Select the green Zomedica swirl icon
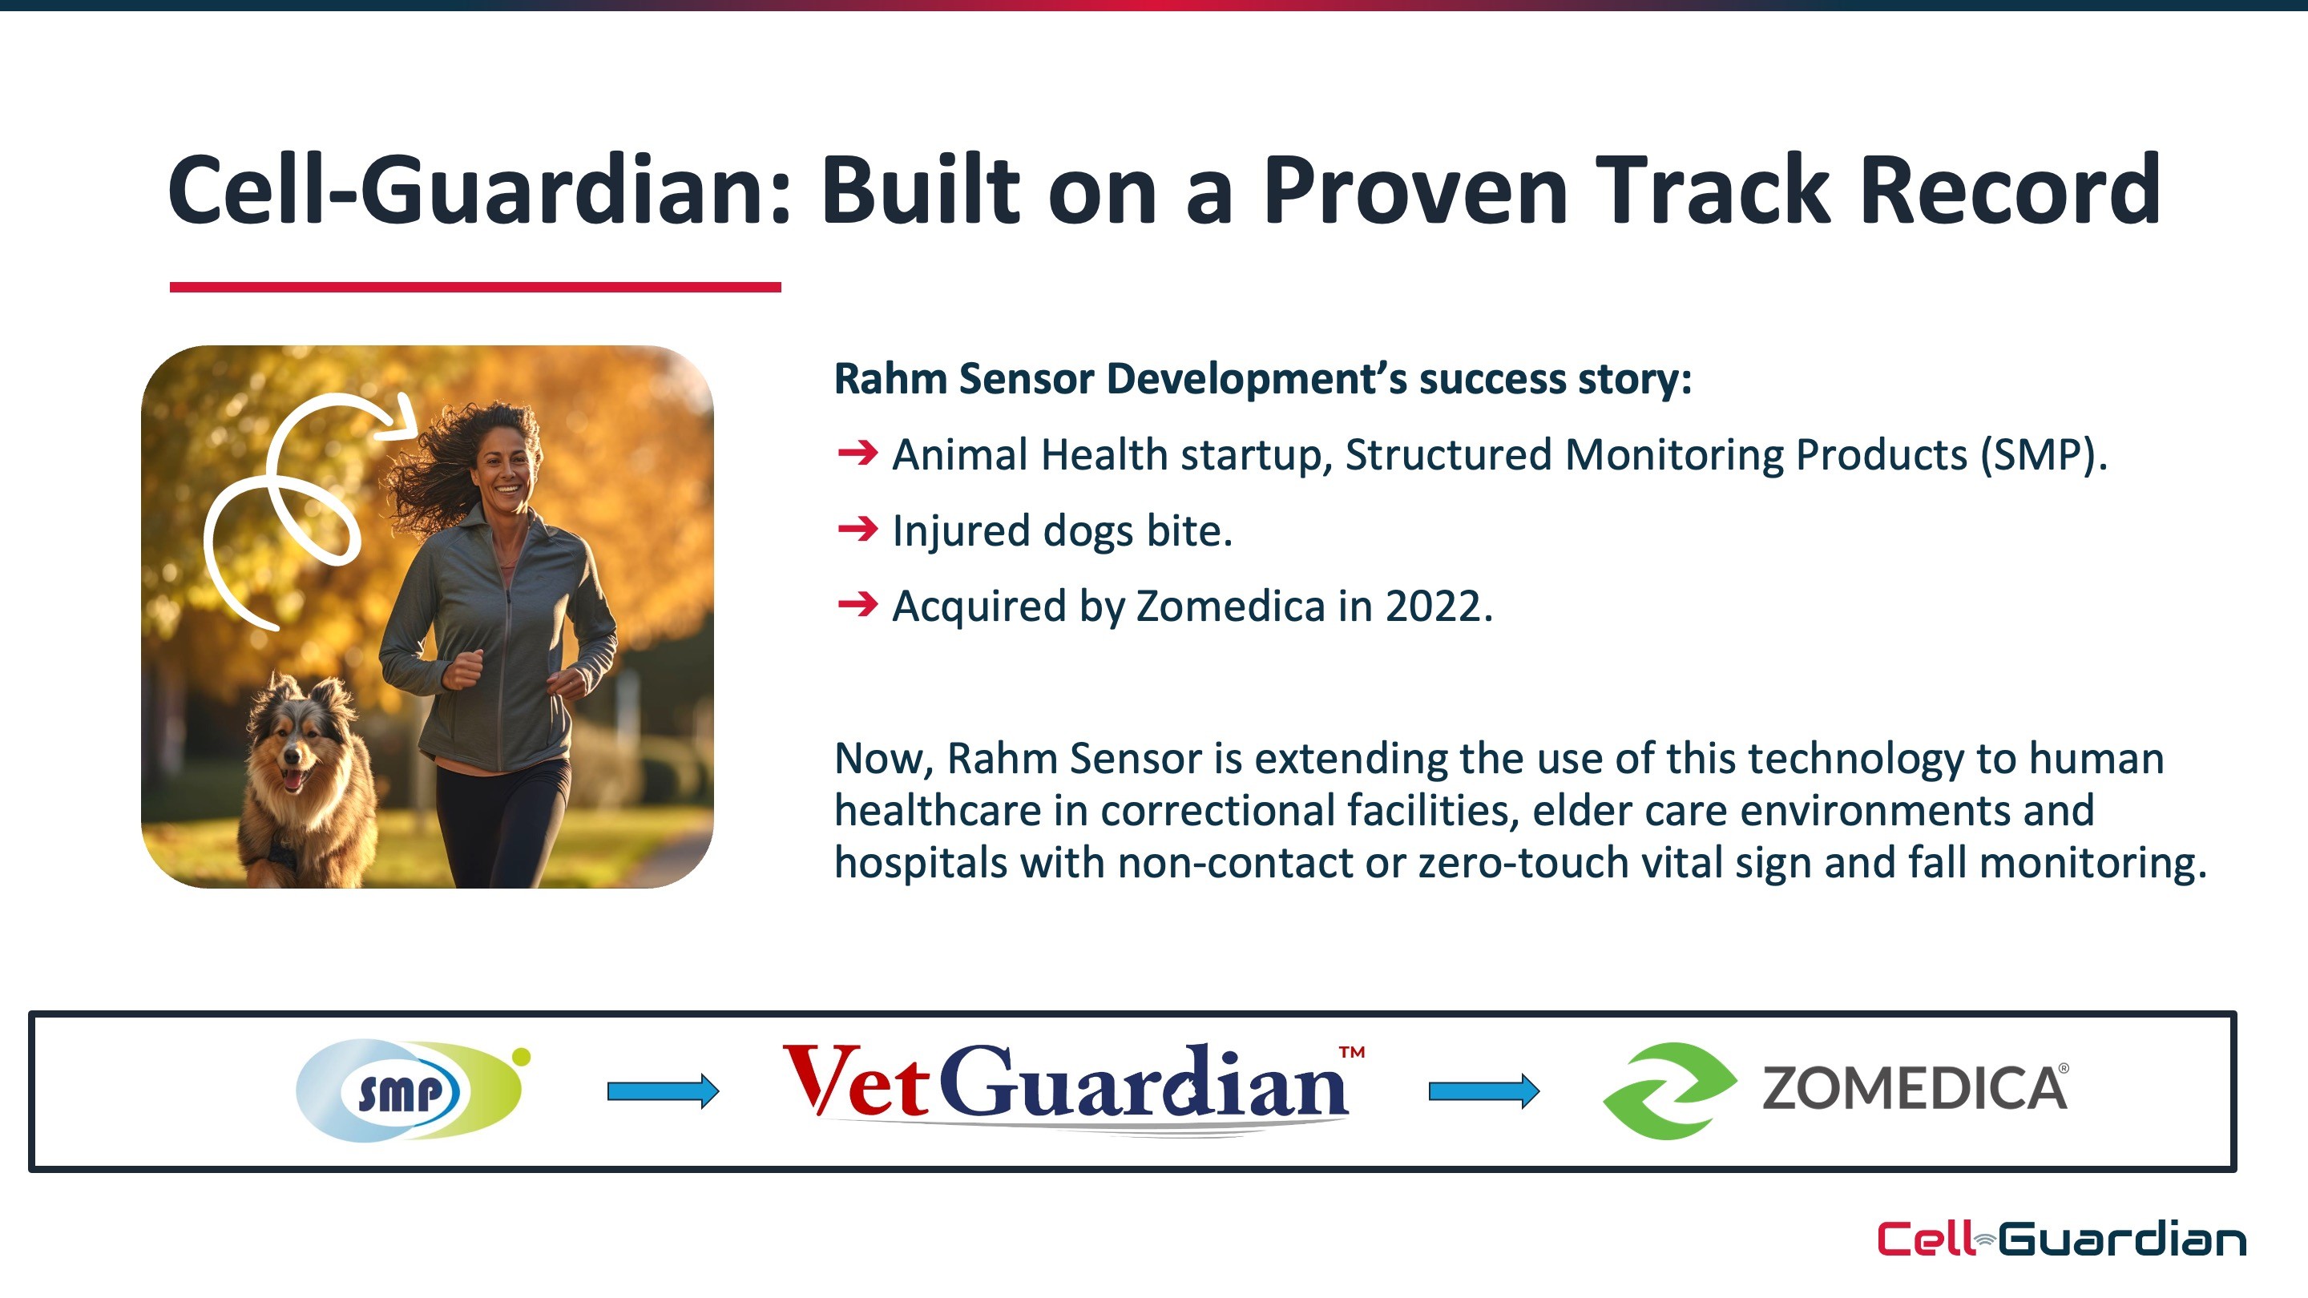coord(1669,1090)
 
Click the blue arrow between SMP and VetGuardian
coord(663,1091)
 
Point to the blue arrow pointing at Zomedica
coord(1483,1091)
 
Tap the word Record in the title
coord(2011,190)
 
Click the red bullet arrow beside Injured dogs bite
coord(857,530)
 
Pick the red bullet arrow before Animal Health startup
coord(857,453)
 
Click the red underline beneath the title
coord(476,287)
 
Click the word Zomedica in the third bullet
coord(1230,607)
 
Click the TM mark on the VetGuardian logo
coord(1352,1052)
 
